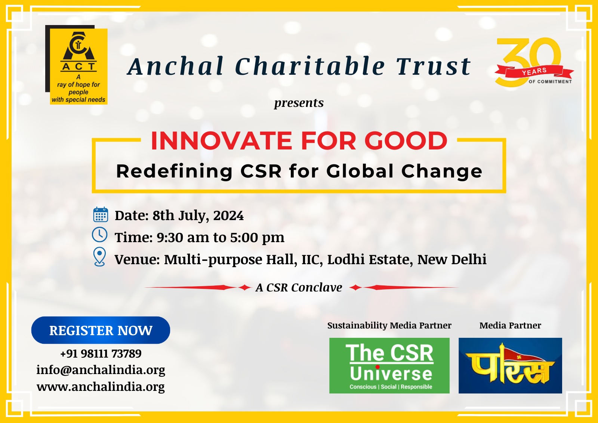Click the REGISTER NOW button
tap(101, 330)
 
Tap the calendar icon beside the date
tap(101, 214)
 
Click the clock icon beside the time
tap(99, 235)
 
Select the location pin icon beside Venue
tap(99, 257)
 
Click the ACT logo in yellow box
tap(77, 65)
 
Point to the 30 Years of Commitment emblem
tap(533, 62)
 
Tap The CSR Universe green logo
tap(389, 365)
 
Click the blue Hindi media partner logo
tap(510, 365)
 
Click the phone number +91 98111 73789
tap(101, 353)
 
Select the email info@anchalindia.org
tap(101, 370)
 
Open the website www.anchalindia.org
tap(101, 387)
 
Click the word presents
tap(299, 103)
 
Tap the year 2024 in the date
tap(228, 215)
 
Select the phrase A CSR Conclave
tap(299, 287)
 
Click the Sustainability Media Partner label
tap(389, 325)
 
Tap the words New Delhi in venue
tap(452, 259)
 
